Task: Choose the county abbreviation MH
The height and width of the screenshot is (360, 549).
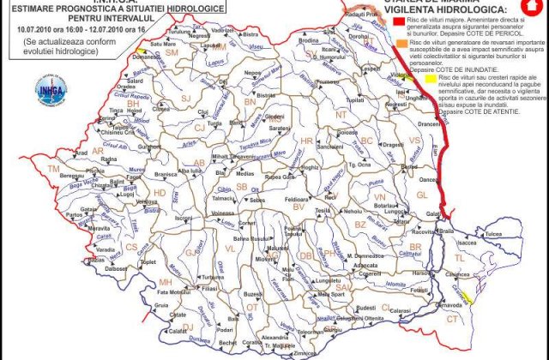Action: pyautogui.click(x=166, y=281)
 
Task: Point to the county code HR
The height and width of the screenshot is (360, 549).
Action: pyautogui.click(x=307, y=140)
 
